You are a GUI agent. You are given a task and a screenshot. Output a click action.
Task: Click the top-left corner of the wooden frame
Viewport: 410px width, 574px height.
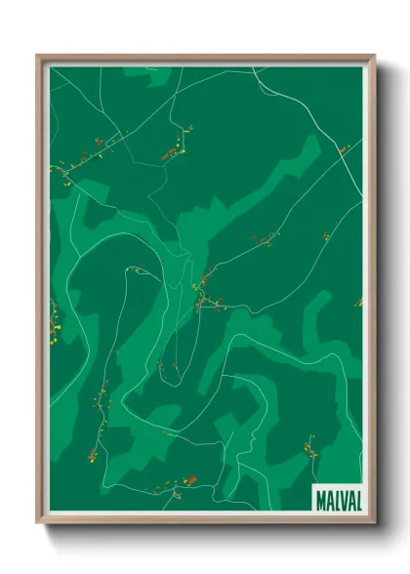pyautogui.click(x=37, y=55)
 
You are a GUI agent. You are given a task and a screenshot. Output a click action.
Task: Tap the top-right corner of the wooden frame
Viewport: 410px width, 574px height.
pyautogui.click(x=375, y=55)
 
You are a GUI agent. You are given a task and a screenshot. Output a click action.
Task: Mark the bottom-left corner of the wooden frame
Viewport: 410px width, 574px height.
pyautogui.click(x=37, y=525)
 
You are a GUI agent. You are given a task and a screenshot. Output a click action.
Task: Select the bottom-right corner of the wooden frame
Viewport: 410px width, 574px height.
pyautogui.click(x=375, y=525)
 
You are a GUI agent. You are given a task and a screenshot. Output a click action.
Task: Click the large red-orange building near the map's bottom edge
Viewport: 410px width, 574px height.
pyautogui.click(x=191, y=479)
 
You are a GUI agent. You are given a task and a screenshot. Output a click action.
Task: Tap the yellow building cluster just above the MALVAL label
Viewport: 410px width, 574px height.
pyautogui.click(x=310, y=450)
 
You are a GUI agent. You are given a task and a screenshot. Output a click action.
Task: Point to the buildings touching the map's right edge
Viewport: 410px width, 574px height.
pyautogui.click(x=358, y=303)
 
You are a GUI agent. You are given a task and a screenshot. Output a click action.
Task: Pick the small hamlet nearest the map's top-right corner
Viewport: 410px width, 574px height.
pyautogui.click(x=343, y=150)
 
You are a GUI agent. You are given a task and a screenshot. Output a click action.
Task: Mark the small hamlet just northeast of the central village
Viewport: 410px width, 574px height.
pyautogui.click(x=264, y=239)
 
